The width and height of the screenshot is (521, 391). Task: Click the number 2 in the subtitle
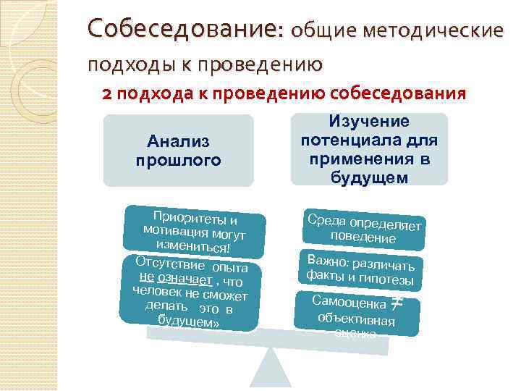[107, 94]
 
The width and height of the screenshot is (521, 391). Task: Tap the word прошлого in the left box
[178, 159]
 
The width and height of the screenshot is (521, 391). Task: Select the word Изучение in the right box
[369, 122]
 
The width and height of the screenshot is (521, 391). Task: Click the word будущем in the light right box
[369, 177]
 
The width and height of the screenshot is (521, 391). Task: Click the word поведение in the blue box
[363, 237]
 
